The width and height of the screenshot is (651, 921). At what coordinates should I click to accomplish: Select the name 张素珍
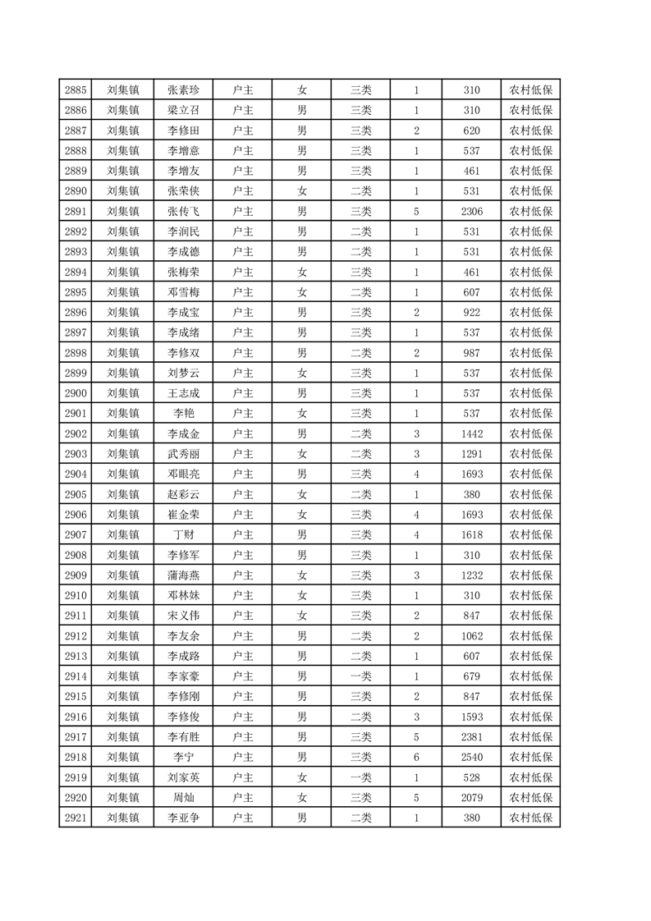(x=183, y=90)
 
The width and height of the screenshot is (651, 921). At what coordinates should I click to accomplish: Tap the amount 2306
(x=471, y=211)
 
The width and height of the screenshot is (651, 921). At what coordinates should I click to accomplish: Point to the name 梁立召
(x=183, y=110)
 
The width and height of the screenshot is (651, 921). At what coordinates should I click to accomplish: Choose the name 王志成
(x=183, y=393)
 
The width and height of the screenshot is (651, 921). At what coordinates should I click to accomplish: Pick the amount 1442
(x=471, y=433)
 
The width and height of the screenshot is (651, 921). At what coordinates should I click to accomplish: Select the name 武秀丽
(x=183, y=454)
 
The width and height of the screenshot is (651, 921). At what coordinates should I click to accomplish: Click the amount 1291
(x=471, y=454)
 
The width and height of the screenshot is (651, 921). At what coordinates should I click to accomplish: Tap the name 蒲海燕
(x=183, y=575)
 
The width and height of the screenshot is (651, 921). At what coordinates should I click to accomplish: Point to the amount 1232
(x=471, y=575)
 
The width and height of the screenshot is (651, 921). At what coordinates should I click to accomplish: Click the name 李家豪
(x=183, y=676)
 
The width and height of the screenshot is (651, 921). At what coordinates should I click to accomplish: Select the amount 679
(x=471, y=676)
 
